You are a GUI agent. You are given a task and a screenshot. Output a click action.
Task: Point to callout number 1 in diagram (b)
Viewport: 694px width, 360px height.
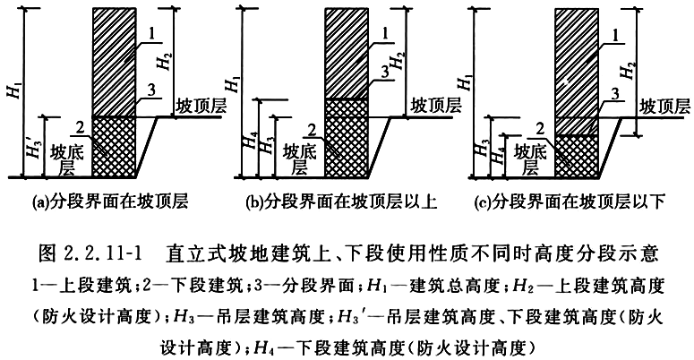pos(385,34)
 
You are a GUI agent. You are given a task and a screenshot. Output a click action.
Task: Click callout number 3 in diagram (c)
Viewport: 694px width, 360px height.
pos(615,94)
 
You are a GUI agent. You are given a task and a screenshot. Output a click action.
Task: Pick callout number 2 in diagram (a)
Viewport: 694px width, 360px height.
pos(80,128)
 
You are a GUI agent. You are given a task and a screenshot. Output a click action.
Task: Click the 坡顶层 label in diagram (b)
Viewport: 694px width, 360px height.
pos(435,106)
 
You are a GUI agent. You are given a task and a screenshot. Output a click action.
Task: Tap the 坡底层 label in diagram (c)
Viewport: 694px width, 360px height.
pos(530,159)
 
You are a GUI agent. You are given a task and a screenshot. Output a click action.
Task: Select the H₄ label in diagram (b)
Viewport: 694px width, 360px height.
pos(250,140)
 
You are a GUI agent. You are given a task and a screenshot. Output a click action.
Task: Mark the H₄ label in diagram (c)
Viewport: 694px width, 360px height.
pos(498,156)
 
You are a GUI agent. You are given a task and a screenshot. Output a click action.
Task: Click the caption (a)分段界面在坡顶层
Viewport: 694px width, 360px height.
pos(110,201)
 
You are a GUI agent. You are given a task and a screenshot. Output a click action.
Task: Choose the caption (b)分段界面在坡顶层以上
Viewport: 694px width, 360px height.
pos(342,201)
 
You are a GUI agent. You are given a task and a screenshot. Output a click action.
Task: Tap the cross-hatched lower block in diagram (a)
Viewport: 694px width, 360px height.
pos(114,147)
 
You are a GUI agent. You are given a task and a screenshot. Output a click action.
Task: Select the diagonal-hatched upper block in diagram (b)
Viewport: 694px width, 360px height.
pos(347,53)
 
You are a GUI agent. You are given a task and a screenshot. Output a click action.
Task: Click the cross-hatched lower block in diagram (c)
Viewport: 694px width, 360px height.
pos(577,156)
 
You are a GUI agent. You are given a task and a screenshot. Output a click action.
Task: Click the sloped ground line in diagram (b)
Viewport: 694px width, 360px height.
pos(380,147)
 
